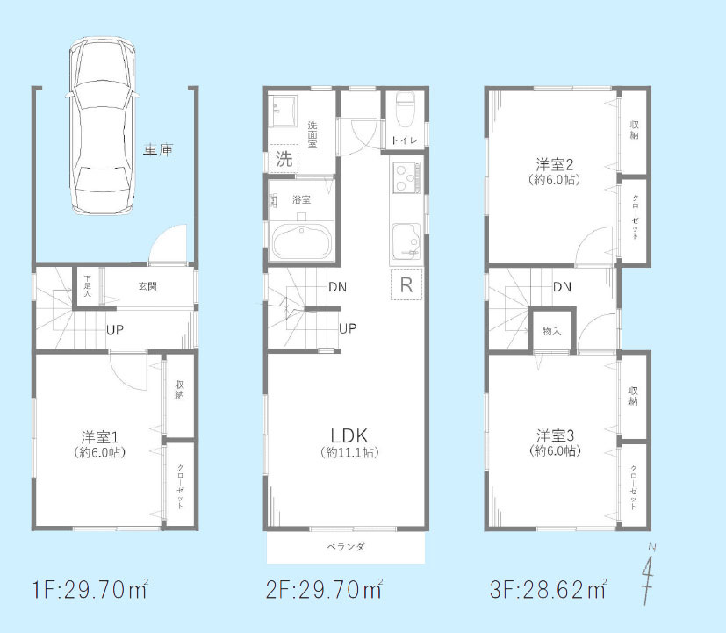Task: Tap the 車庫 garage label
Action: coord(158,150)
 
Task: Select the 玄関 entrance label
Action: coord(147,286)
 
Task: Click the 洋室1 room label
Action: coord(100,437)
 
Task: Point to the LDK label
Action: coord(349,435)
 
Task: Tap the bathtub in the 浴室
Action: coord(302,241)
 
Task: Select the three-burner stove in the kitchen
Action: coord(406,178)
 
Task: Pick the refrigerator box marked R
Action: coord(406,284)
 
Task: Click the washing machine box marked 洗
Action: coord(284,159)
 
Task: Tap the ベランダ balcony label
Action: coord(346,547)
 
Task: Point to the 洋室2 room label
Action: coord(555,164)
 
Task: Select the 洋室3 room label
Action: coord(555,435)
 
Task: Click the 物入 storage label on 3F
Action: coord(552,331)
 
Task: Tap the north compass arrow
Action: coord(648,575)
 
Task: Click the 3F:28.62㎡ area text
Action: coord(549,589)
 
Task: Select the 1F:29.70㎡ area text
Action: coord(90,589)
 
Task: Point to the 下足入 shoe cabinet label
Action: coord(87,286)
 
